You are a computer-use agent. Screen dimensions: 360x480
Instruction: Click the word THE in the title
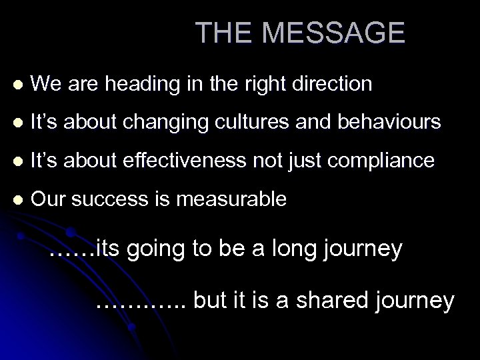click(221, 33)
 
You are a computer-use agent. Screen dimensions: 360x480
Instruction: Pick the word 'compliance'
click(394, 161)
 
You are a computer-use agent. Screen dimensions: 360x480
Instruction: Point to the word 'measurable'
click(231, 199)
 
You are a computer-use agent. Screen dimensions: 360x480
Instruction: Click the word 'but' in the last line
click(212, 300)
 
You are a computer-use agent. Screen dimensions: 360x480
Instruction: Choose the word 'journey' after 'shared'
click(415, 301)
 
